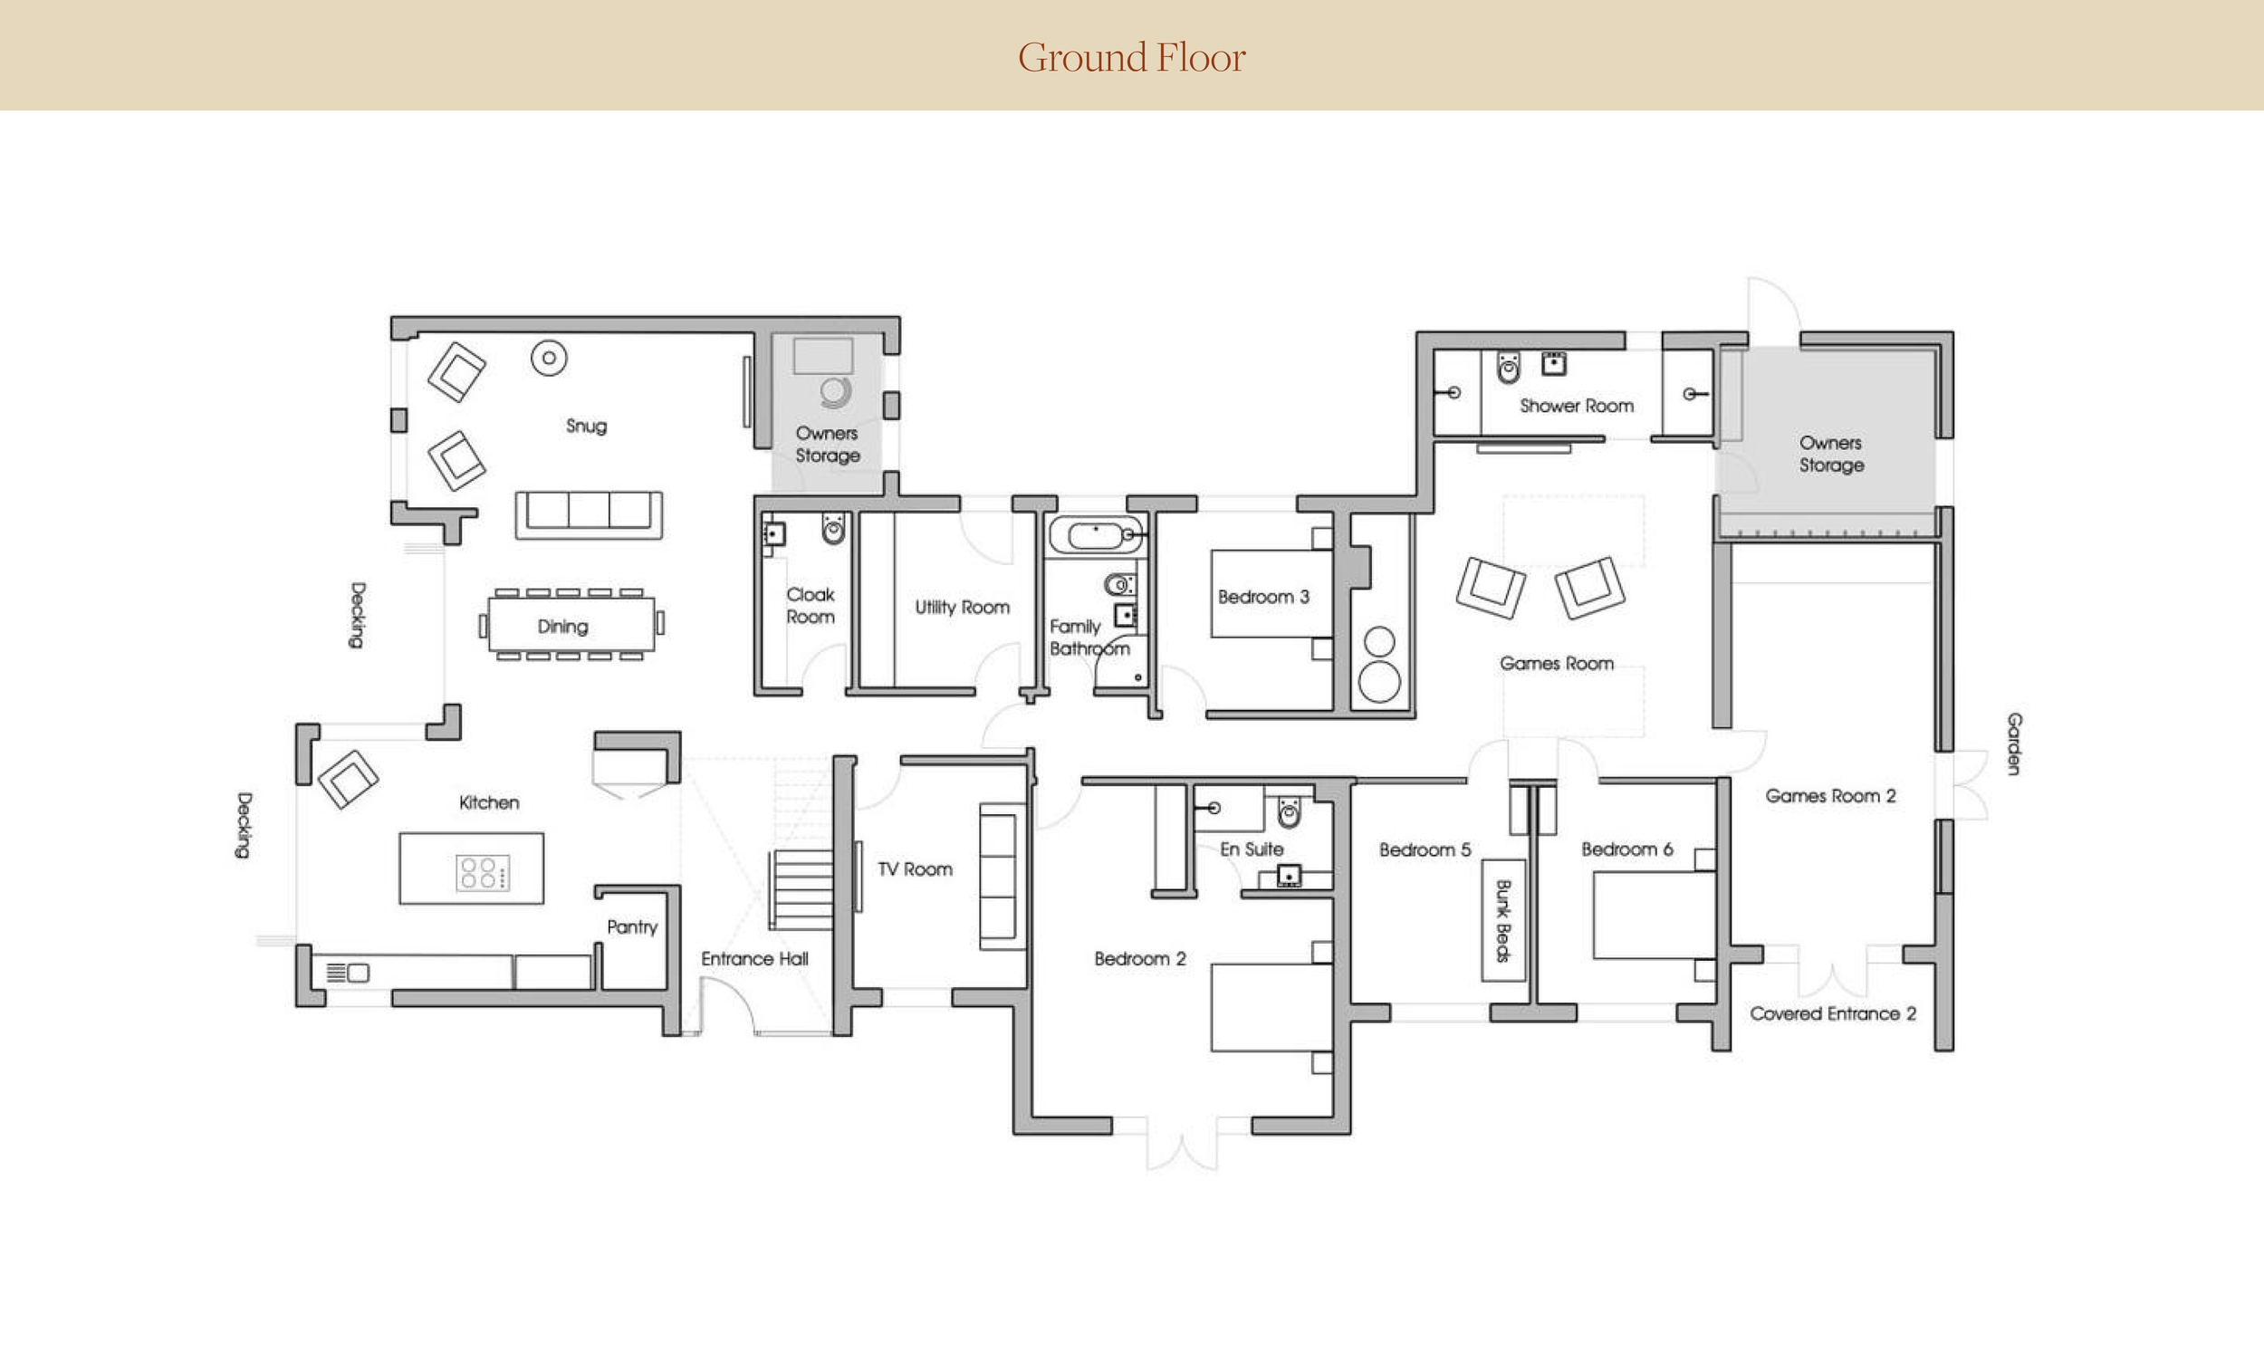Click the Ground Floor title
click(x=1131, y=57)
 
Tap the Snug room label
click(x=586, y=426)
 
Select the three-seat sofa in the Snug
click(x=589, y=514)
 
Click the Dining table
click(x=571, y=625)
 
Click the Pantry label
click(x=632, y=927)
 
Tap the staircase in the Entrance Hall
click(x=801, y=890)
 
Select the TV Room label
click(x=915, y=869)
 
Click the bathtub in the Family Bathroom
click(x=1095, y=535)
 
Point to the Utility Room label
click(x=962, y=608)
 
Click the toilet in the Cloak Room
click(x=833, y=528)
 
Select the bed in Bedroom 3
click(x=1271, y=594)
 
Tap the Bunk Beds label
click(x=1503, y=921)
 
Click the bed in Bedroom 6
click(x=1654, y=916)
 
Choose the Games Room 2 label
click(x=1830, y=796)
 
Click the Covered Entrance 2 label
click(x=1833, y=1013)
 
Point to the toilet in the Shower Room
click(x=1508, y=368)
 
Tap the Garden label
click(x=2013, y=744)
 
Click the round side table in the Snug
click(x=549, y=359)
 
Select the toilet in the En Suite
click(x=1289, y=811)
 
